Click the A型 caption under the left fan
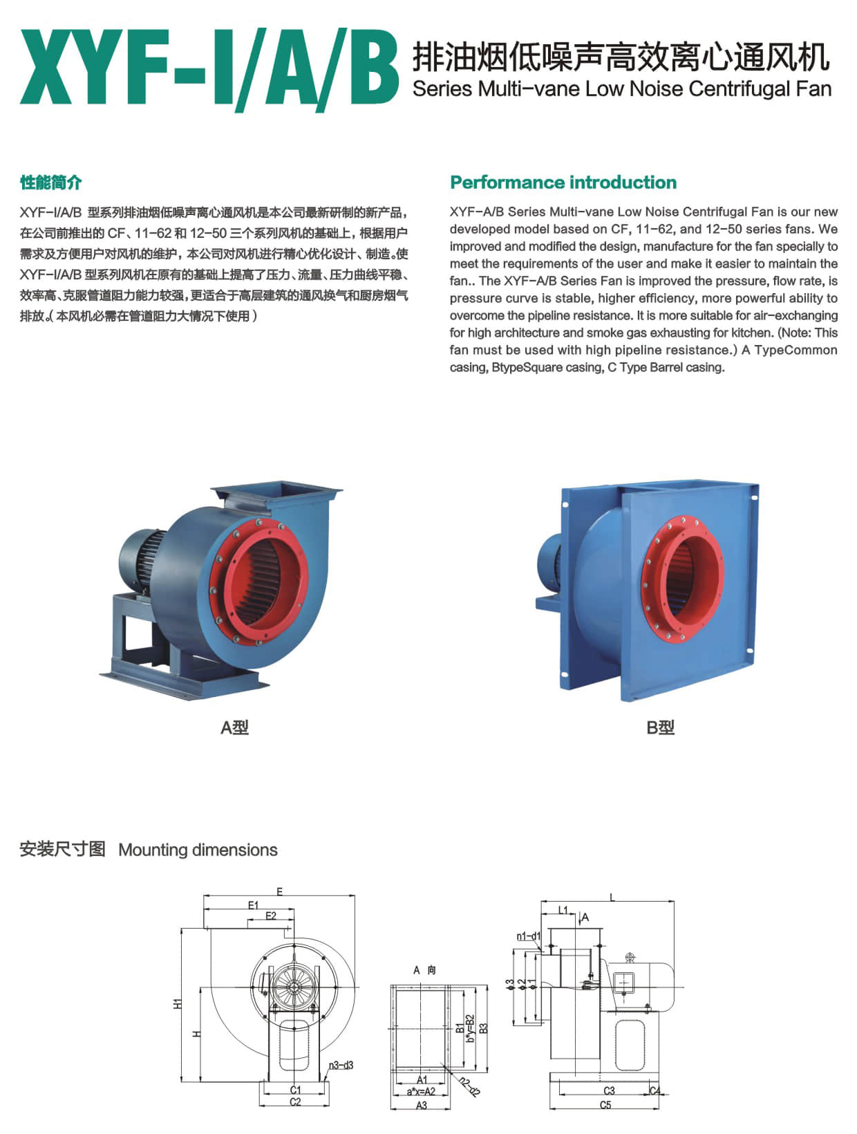234,727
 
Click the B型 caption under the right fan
660,727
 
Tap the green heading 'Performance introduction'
563,183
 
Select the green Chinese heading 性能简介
50,183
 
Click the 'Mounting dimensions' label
198,850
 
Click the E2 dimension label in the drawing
270,916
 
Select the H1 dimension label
178,1004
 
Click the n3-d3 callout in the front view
341,1066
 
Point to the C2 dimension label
295,1102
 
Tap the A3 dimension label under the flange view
422,1105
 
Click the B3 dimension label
483,1028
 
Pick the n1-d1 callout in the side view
529,936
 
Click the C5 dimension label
605,1105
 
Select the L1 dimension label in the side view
563,910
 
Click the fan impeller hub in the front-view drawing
294,987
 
